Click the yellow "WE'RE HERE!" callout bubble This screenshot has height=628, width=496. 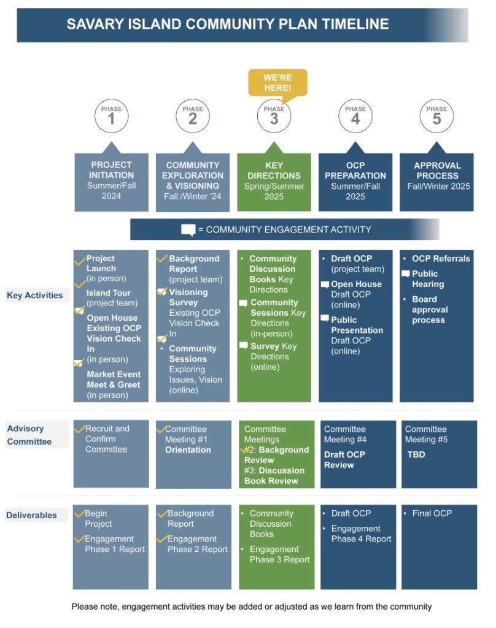click(277, 83)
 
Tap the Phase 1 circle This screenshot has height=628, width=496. click(112, 116)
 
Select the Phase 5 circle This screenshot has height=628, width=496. click(436, 116)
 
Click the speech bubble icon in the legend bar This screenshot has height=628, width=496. click(188, 230)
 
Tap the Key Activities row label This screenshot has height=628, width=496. click(35, 295)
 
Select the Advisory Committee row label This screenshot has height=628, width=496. click(29, 435)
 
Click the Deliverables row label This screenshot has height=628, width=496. click(32, 515)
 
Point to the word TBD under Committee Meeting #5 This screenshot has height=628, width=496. click(416, 454)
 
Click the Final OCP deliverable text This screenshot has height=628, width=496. click(432, 513)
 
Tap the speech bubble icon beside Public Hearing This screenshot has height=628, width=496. click(406, 274)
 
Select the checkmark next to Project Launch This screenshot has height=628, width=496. click(80, 261)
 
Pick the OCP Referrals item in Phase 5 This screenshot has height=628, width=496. click(441, 259)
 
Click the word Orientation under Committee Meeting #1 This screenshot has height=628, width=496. click(188, 450)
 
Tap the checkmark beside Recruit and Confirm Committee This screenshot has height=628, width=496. click(80, 429)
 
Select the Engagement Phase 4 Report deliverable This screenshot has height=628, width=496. click(362, 534)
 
